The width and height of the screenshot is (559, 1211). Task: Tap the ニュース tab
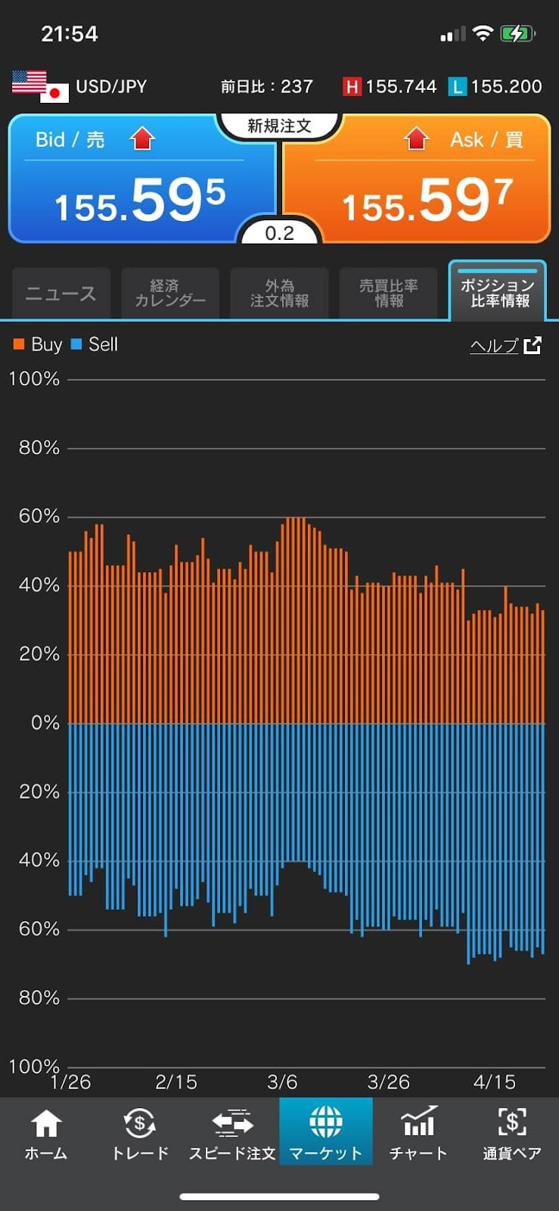coord(61,294)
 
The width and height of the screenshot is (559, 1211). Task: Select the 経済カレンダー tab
coord(170,294)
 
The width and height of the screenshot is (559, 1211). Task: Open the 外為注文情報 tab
coord(279,294)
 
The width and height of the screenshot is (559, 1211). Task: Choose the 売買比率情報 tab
coord(388,294)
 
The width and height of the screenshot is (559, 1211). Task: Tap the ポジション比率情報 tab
coord(498,293)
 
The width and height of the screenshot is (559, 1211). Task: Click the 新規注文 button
coord(279,126)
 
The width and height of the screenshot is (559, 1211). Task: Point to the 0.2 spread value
coord(279,233)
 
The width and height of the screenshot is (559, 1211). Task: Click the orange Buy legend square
coord(19,344)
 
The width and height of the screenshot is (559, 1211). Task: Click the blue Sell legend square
coord(76,344)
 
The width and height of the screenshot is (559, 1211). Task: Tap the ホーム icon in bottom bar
coord(46,1133)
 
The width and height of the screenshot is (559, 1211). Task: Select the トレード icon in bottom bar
coord(140,1133)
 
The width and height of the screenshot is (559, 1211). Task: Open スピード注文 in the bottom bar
coord(232,1133)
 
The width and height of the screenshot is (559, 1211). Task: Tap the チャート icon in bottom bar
coord(418,1133)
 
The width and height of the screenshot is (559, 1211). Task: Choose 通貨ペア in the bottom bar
coord(512,1133)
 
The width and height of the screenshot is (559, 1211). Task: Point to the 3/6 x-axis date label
coord(282,1082)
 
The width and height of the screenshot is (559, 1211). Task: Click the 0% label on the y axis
coord(45,723)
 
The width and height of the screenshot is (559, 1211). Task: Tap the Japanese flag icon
coord(54,93)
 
